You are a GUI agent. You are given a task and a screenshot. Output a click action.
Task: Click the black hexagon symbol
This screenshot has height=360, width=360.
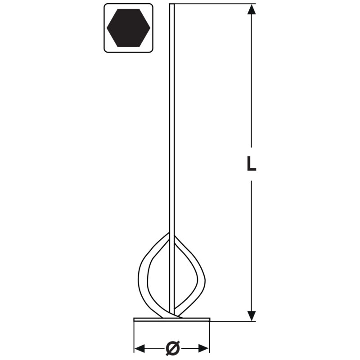pyautogui.click(x=128, y=28)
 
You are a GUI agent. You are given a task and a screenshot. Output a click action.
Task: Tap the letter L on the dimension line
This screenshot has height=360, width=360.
pyautogui.click(x=251, y=163)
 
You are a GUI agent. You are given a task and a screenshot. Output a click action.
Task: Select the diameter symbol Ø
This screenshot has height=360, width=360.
pyautogui.click(x=172, y=348)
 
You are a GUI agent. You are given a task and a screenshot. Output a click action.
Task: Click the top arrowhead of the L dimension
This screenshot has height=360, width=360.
pyautogui.click(x=252, y=9)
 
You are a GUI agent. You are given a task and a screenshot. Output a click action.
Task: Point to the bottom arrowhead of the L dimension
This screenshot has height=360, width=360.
pyautogui.click(x=252, y=316)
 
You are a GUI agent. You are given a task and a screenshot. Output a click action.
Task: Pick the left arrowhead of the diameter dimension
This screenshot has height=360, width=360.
pyautogui.click(x=139, y=348)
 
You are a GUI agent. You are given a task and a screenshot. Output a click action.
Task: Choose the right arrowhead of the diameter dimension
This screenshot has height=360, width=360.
pyautogui.click(x=204, y=348)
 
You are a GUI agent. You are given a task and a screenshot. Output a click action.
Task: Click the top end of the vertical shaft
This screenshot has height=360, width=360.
pyautogui.click(x=172, y=4)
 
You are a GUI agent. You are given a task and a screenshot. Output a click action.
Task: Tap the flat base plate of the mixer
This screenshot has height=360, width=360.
pyautogui.click(x=172, y=319)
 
